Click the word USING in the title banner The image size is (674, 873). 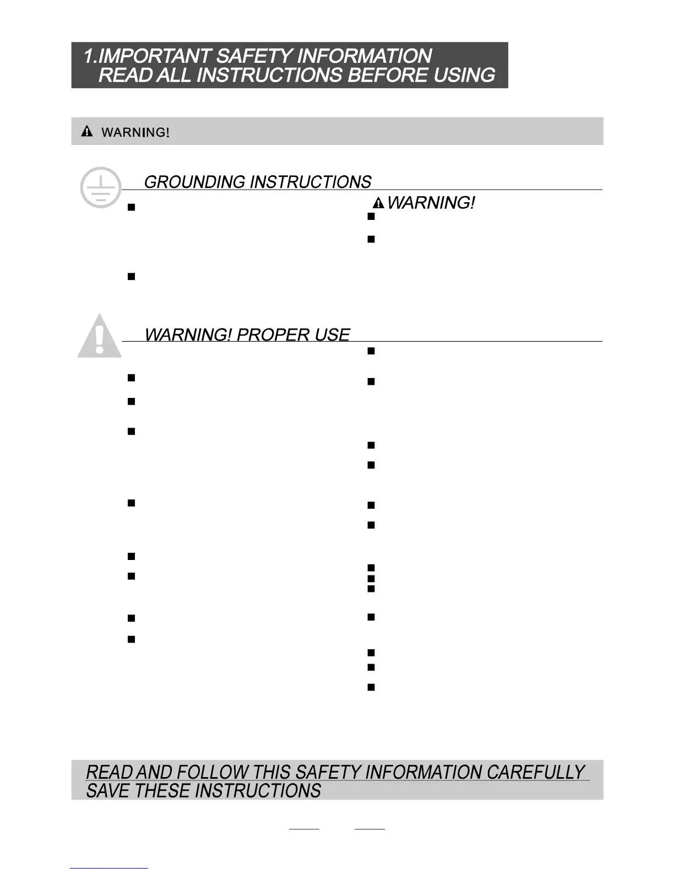[464, 76]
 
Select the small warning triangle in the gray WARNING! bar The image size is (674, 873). [87, 132]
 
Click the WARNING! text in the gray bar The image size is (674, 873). [135, 133]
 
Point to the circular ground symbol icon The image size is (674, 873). [100, 187]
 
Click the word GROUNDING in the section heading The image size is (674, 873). [194, 182]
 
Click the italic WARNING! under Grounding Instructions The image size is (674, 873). [431, 203]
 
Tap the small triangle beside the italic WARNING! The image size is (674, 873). [378, 204]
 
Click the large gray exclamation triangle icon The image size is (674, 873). [99, 336]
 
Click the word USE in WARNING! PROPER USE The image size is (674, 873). [332, 335]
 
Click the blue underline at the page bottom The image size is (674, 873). [109, 868]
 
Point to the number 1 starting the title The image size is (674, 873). [88, 56]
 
